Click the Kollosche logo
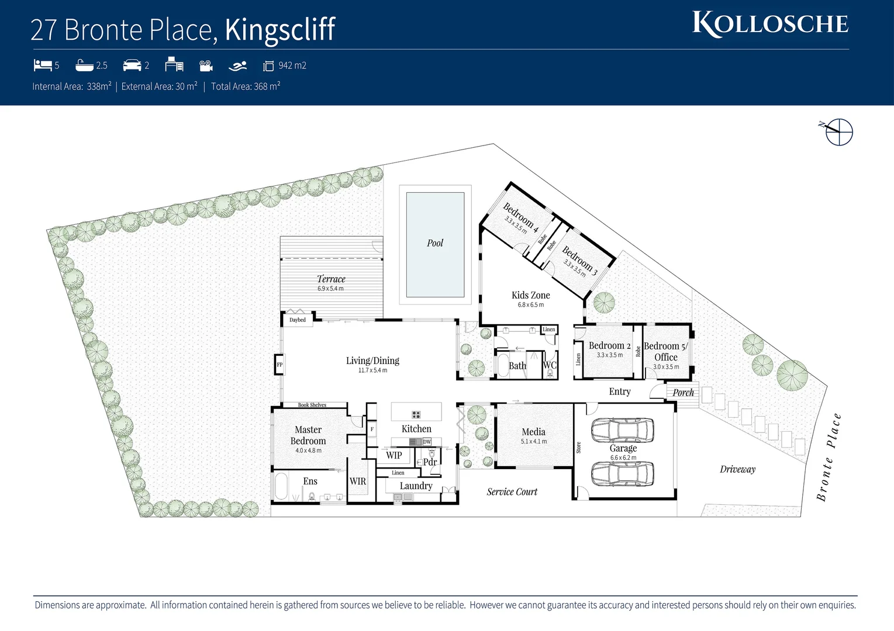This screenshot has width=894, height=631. click(x=770, y=24)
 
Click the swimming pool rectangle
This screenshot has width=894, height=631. click(x=435, y=245)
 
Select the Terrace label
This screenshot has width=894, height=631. click(x=331, y=279)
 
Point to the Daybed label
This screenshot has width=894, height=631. click(x=298, y=320)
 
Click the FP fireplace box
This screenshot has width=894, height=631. click(x=279, y=365)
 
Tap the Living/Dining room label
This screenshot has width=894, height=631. click(x=372, y=361)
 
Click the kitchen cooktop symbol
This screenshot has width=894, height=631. click(x=416, y=415)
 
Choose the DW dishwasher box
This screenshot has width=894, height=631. click(x=427, y=442)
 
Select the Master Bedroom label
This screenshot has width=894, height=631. click(x=308, y=435)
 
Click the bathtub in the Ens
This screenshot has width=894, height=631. click(x=281, y=486)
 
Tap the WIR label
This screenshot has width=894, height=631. click(x=358, y=481)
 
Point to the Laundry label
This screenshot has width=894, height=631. click(x=416, y=486)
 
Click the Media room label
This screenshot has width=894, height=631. click(x=533, y=432)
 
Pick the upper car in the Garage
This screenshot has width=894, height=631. click(x=622, y=431)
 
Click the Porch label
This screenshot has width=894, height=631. click(x=683, y=393)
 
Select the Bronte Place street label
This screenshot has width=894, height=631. click(x=829, y=457)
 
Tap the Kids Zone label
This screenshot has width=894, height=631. click(x=530, y=296)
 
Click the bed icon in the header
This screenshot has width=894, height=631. click(x=43, y=65)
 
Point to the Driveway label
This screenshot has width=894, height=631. click(x=737, y=469)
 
